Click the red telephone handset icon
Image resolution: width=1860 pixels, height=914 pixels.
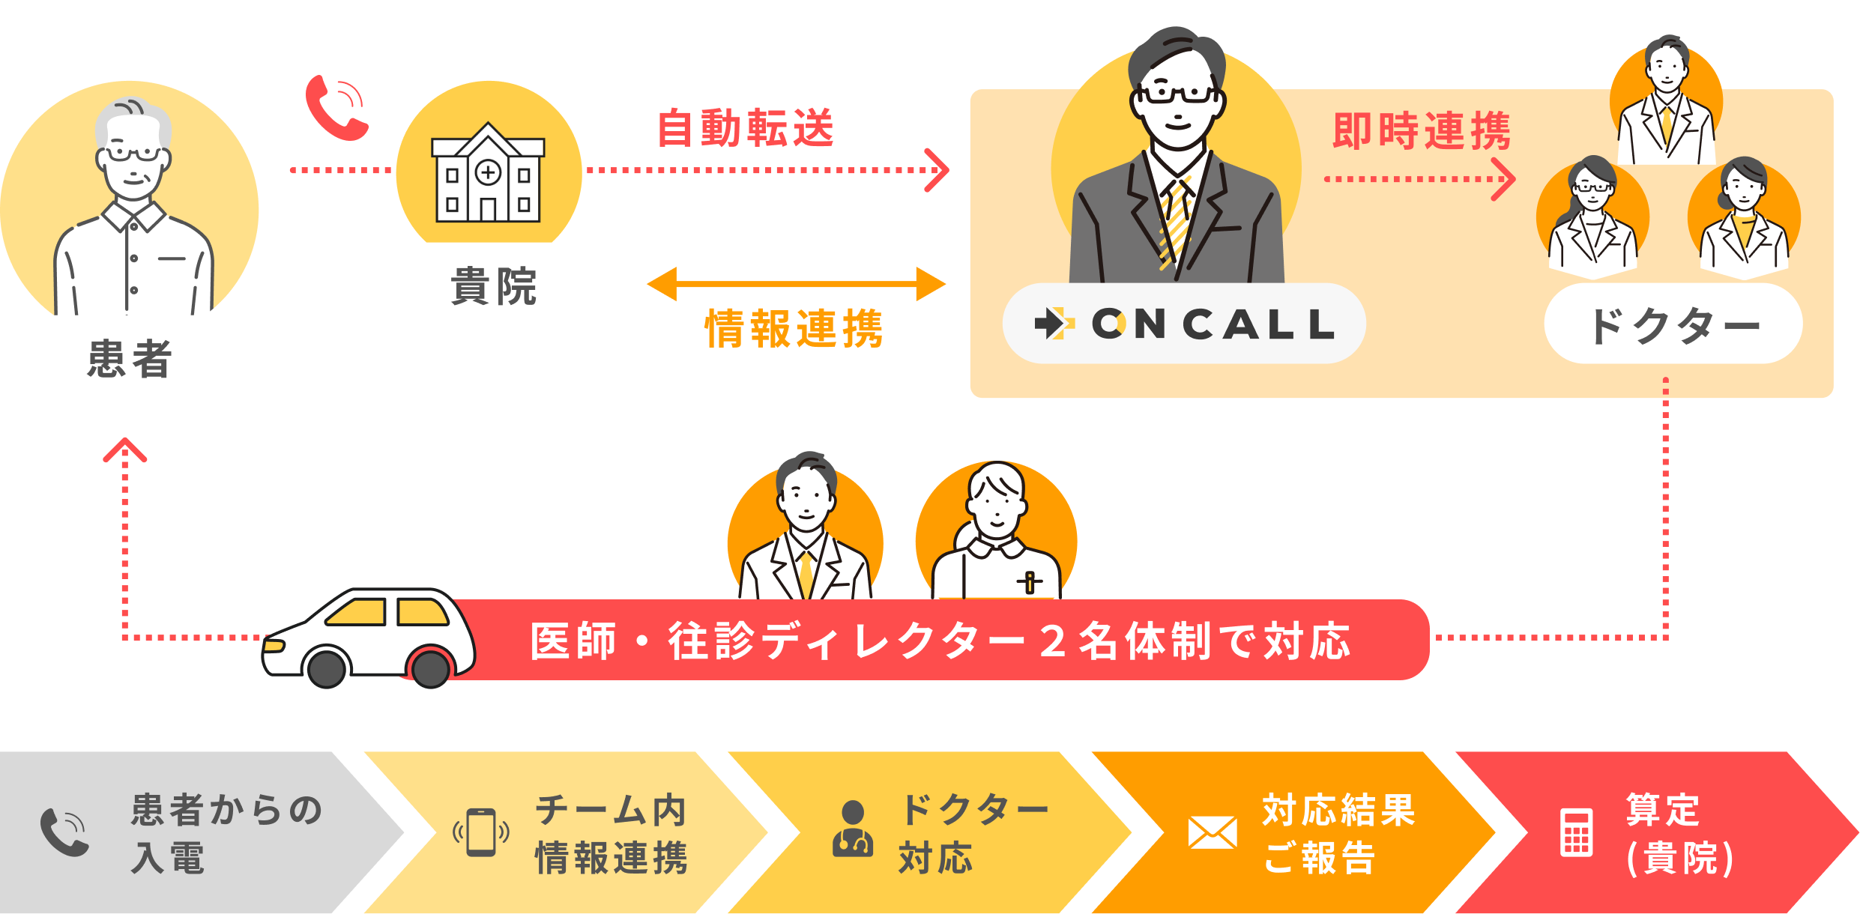point(336,109)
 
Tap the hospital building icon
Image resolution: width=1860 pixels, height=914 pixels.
point(488,174)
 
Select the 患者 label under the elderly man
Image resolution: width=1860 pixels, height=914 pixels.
point(130,358)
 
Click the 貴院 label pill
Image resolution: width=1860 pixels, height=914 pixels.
point(493,285)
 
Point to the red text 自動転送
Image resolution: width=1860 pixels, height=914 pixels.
point(746,128)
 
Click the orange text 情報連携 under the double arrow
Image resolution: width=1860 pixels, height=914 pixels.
point(794,328)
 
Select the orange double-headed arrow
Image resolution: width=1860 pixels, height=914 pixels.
point(796,284)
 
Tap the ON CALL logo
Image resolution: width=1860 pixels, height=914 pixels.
point(1184,324)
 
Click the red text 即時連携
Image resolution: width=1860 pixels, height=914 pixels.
point(1422,131)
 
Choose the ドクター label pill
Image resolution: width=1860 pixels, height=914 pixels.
point(1673,326)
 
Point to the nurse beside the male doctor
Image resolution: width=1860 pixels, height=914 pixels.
point(996,532)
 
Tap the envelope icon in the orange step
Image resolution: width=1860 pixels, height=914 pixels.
point(1213,833)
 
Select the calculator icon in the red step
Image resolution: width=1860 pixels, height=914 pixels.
point(1577,832)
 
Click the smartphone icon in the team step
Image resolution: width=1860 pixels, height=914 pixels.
point(481,832)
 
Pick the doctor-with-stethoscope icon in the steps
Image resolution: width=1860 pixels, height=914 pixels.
point(853,829)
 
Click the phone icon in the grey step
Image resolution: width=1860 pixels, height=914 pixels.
point(64,832)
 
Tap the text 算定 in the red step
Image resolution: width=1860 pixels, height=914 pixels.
point(1662,810)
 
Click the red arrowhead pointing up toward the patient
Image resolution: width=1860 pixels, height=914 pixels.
point(125,450)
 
